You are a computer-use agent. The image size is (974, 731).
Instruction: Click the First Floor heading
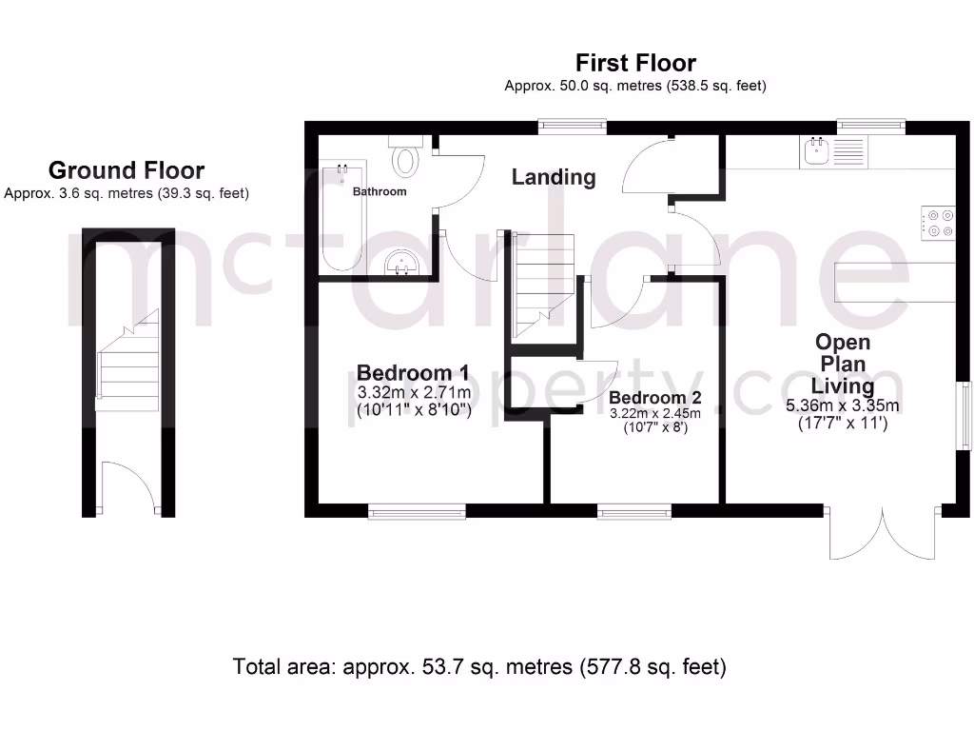(635, 63)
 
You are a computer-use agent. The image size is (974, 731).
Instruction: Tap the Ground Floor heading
(126, 170)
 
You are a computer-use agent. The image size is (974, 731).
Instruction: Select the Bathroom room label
(380, 191)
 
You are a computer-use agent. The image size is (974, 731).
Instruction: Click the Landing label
(554, 177)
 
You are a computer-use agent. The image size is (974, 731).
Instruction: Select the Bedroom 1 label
(413, 372)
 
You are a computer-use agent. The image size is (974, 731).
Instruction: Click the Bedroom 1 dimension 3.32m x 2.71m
(414, 392)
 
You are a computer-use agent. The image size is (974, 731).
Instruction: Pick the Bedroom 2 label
(655, 397)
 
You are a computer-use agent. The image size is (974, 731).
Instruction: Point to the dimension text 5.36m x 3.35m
(843, 405)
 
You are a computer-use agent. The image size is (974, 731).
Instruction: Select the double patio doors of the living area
(884, 536)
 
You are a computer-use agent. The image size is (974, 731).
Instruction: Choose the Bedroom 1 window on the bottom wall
(417, 512)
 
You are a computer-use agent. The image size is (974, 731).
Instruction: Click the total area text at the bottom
(479, 667)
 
